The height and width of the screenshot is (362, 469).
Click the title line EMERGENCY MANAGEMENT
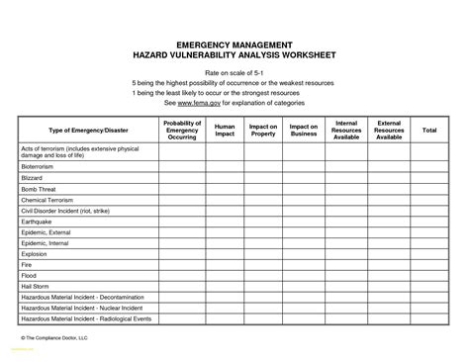234,45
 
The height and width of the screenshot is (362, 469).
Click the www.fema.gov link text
198,103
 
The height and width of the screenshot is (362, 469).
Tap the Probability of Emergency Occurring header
182,130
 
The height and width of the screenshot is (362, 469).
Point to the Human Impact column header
225,130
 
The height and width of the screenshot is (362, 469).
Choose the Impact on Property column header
263,130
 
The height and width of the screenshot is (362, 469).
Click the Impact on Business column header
303,130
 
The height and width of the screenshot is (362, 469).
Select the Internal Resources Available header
346,130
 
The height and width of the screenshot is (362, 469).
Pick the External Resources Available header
389,130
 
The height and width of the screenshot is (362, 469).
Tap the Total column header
429,130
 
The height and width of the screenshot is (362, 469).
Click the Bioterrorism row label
38,167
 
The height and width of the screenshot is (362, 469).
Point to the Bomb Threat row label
38,189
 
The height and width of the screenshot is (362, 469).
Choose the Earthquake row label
36,222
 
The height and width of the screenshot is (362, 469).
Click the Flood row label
29,276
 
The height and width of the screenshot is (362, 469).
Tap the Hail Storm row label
35,287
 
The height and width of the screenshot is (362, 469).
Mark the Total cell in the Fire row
429,265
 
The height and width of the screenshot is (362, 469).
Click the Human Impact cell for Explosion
225,254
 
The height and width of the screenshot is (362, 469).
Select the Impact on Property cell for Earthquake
263,222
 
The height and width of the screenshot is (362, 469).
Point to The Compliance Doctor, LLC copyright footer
54,337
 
